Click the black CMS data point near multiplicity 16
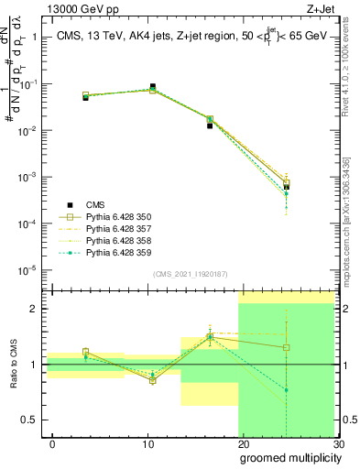(x=210, y=125)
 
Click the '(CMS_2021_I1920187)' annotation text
(x=190, y=274)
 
